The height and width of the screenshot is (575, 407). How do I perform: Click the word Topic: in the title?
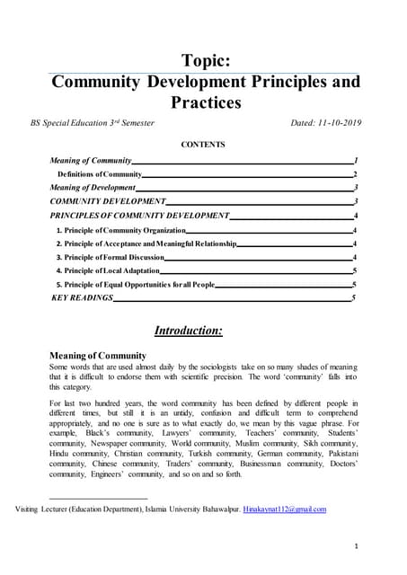207,60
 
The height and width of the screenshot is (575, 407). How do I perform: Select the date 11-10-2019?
332,122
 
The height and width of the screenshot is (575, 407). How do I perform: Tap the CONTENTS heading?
203,144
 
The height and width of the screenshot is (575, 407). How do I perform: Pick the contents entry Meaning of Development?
93,188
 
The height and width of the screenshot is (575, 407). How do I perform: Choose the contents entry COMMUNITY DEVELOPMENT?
108,202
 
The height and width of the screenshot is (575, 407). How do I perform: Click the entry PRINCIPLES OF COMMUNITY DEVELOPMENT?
140,217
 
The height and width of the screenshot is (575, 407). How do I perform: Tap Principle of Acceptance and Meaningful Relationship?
146,244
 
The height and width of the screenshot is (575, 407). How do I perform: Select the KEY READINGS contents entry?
84,297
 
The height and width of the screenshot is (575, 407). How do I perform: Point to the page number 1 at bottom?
357,545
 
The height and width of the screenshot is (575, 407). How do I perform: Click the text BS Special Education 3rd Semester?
99,122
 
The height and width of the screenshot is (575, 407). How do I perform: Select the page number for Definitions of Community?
356,173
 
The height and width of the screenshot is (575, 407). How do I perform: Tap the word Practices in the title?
207,102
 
